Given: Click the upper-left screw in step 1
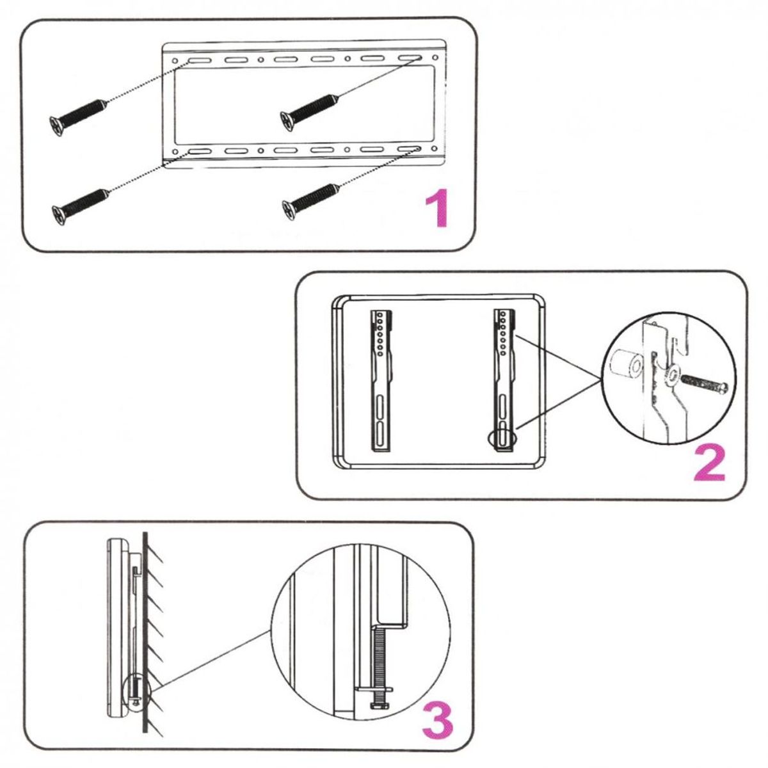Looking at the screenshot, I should [76, 115].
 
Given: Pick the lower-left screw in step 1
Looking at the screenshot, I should [78, 204].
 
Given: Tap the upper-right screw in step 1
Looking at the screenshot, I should [308, 111].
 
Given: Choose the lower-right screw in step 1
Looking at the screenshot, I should [310, 199].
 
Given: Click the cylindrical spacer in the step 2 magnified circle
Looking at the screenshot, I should [626, 369].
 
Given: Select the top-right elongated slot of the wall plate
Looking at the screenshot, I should [408, 60].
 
